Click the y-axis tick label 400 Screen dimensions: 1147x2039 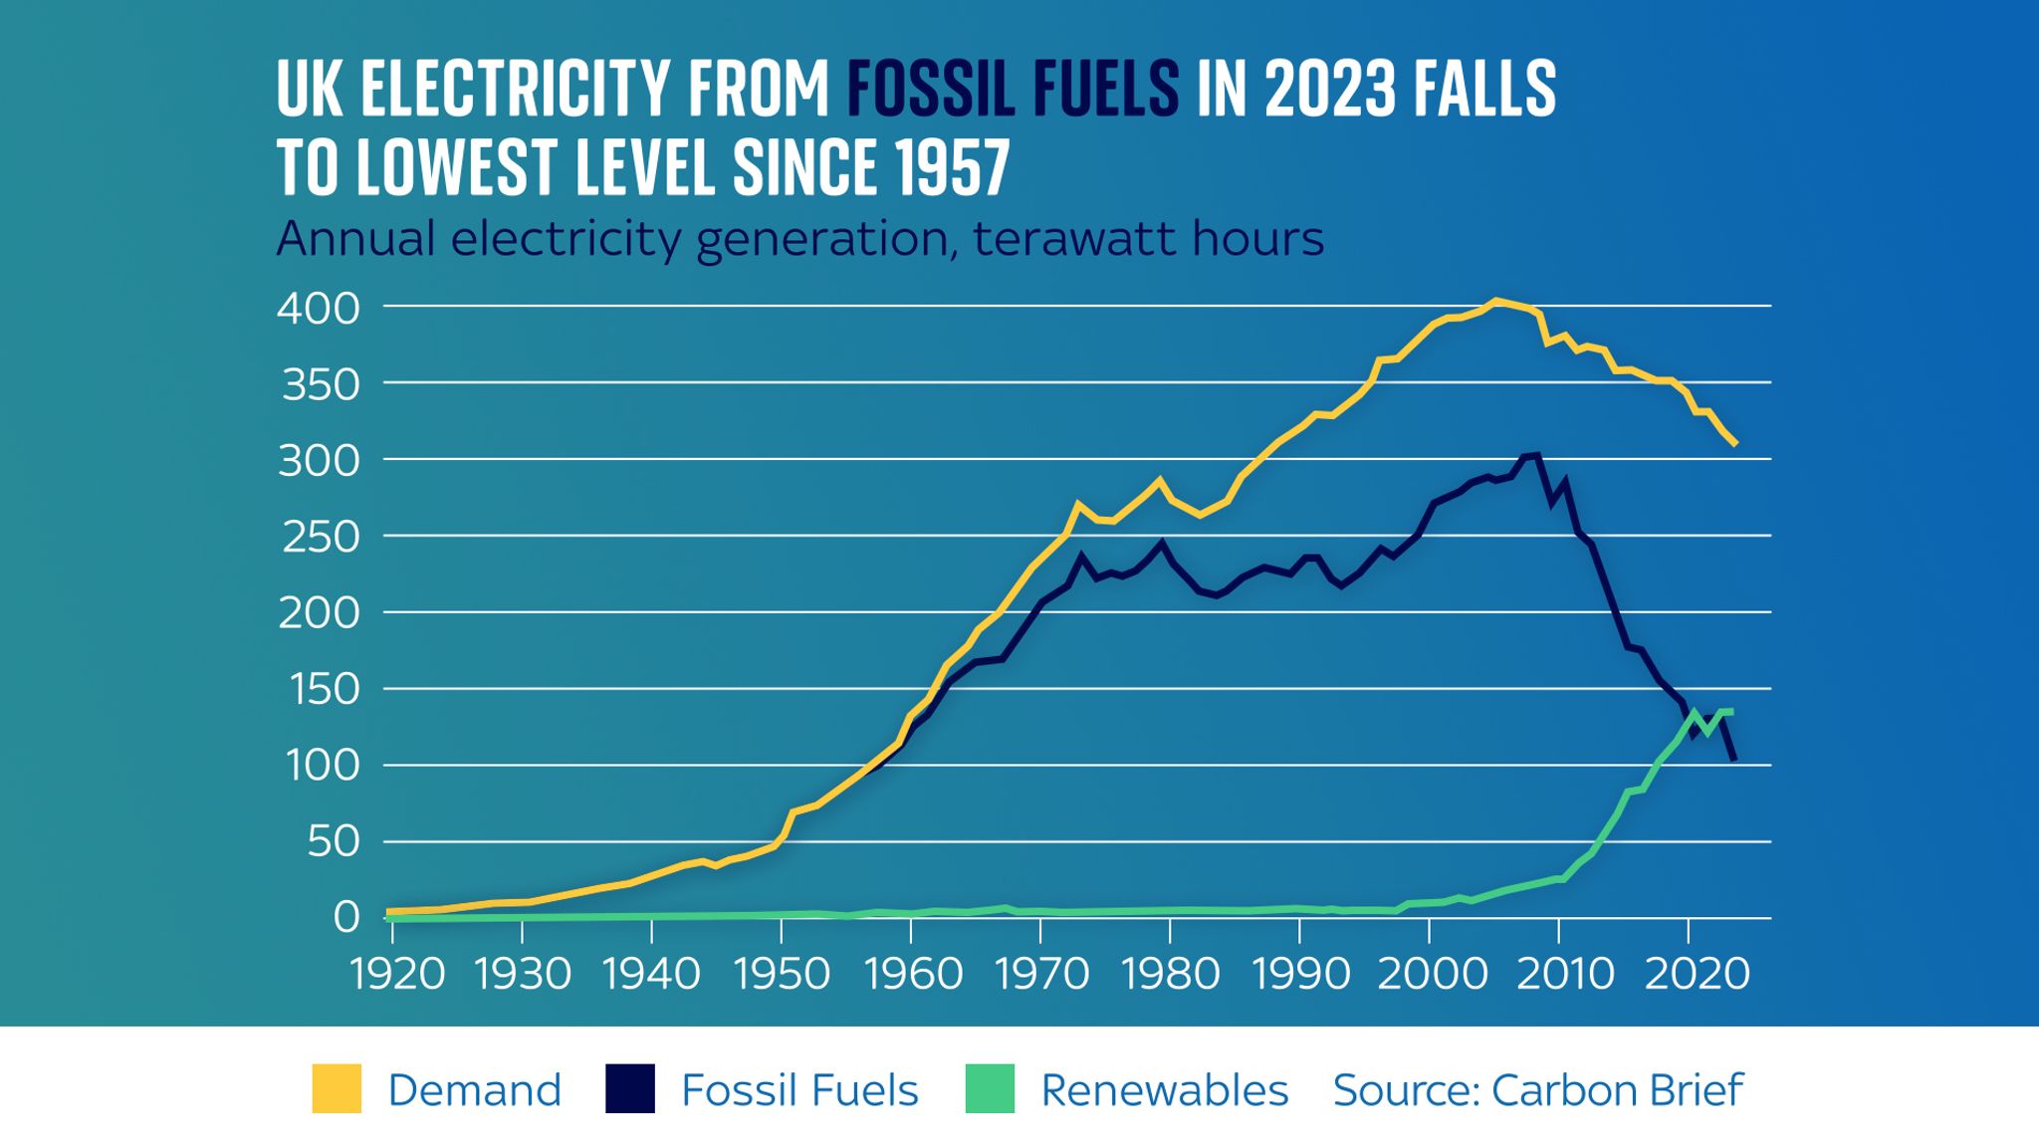[318, 309]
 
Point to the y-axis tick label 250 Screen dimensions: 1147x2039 [318, 538]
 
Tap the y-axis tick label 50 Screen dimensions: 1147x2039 [333, 843]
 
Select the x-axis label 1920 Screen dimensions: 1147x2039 [397, 974]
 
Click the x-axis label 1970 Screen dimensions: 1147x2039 [1042, 974]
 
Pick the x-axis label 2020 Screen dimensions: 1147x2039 [1697, 974]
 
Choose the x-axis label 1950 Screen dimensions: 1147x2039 [782, 974]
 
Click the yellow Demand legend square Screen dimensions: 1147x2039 [337, 1088]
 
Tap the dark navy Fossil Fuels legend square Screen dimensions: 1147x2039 [630, 1088]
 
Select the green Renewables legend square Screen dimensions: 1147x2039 [990, 1088]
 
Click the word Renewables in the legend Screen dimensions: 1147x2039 [1164, 1090]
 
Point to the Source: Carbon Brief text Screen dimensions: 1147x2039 [1537, 1090]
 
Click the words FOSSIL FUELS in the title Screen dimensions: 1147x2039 [1013, 90]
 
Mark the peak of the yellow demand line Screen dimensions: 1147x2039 [1495, 301]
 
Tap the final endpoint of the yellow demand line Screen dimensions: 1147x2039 [1735, 444]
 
